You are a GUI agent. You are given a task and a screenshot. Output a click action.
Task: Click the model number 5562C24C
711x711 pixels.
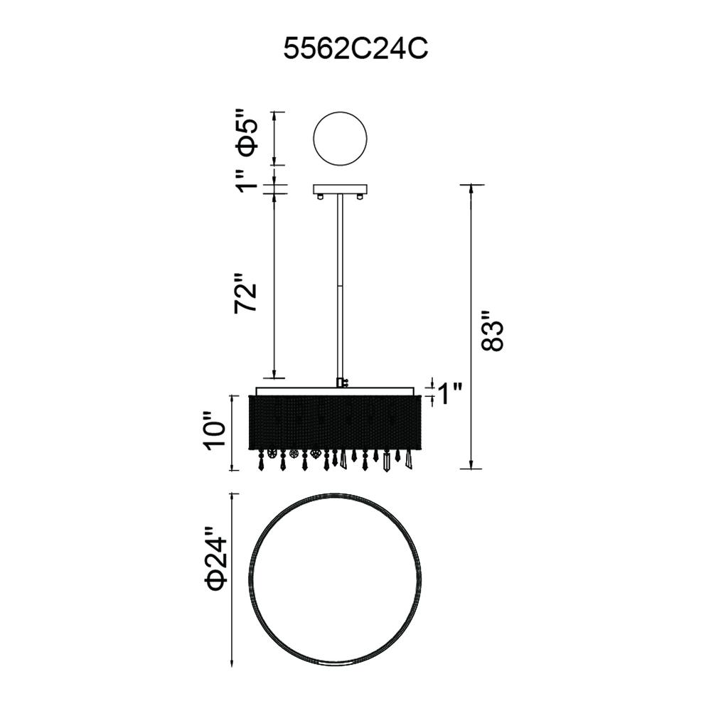point(355,48)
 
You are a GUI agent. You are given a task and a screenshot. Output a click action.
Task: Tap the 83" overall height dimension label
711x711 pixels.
point(491,331)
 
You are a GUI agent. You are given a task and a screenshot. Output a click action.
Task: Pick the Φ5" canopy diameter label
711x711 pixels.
point(248,132)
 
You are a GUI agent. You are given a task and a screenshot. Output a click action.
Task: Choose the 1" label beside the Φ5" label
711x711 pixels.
point(248,181)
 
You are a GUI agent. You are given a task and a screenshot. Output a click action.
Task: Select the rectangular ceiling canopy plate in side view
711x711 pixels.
point(341,189)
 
